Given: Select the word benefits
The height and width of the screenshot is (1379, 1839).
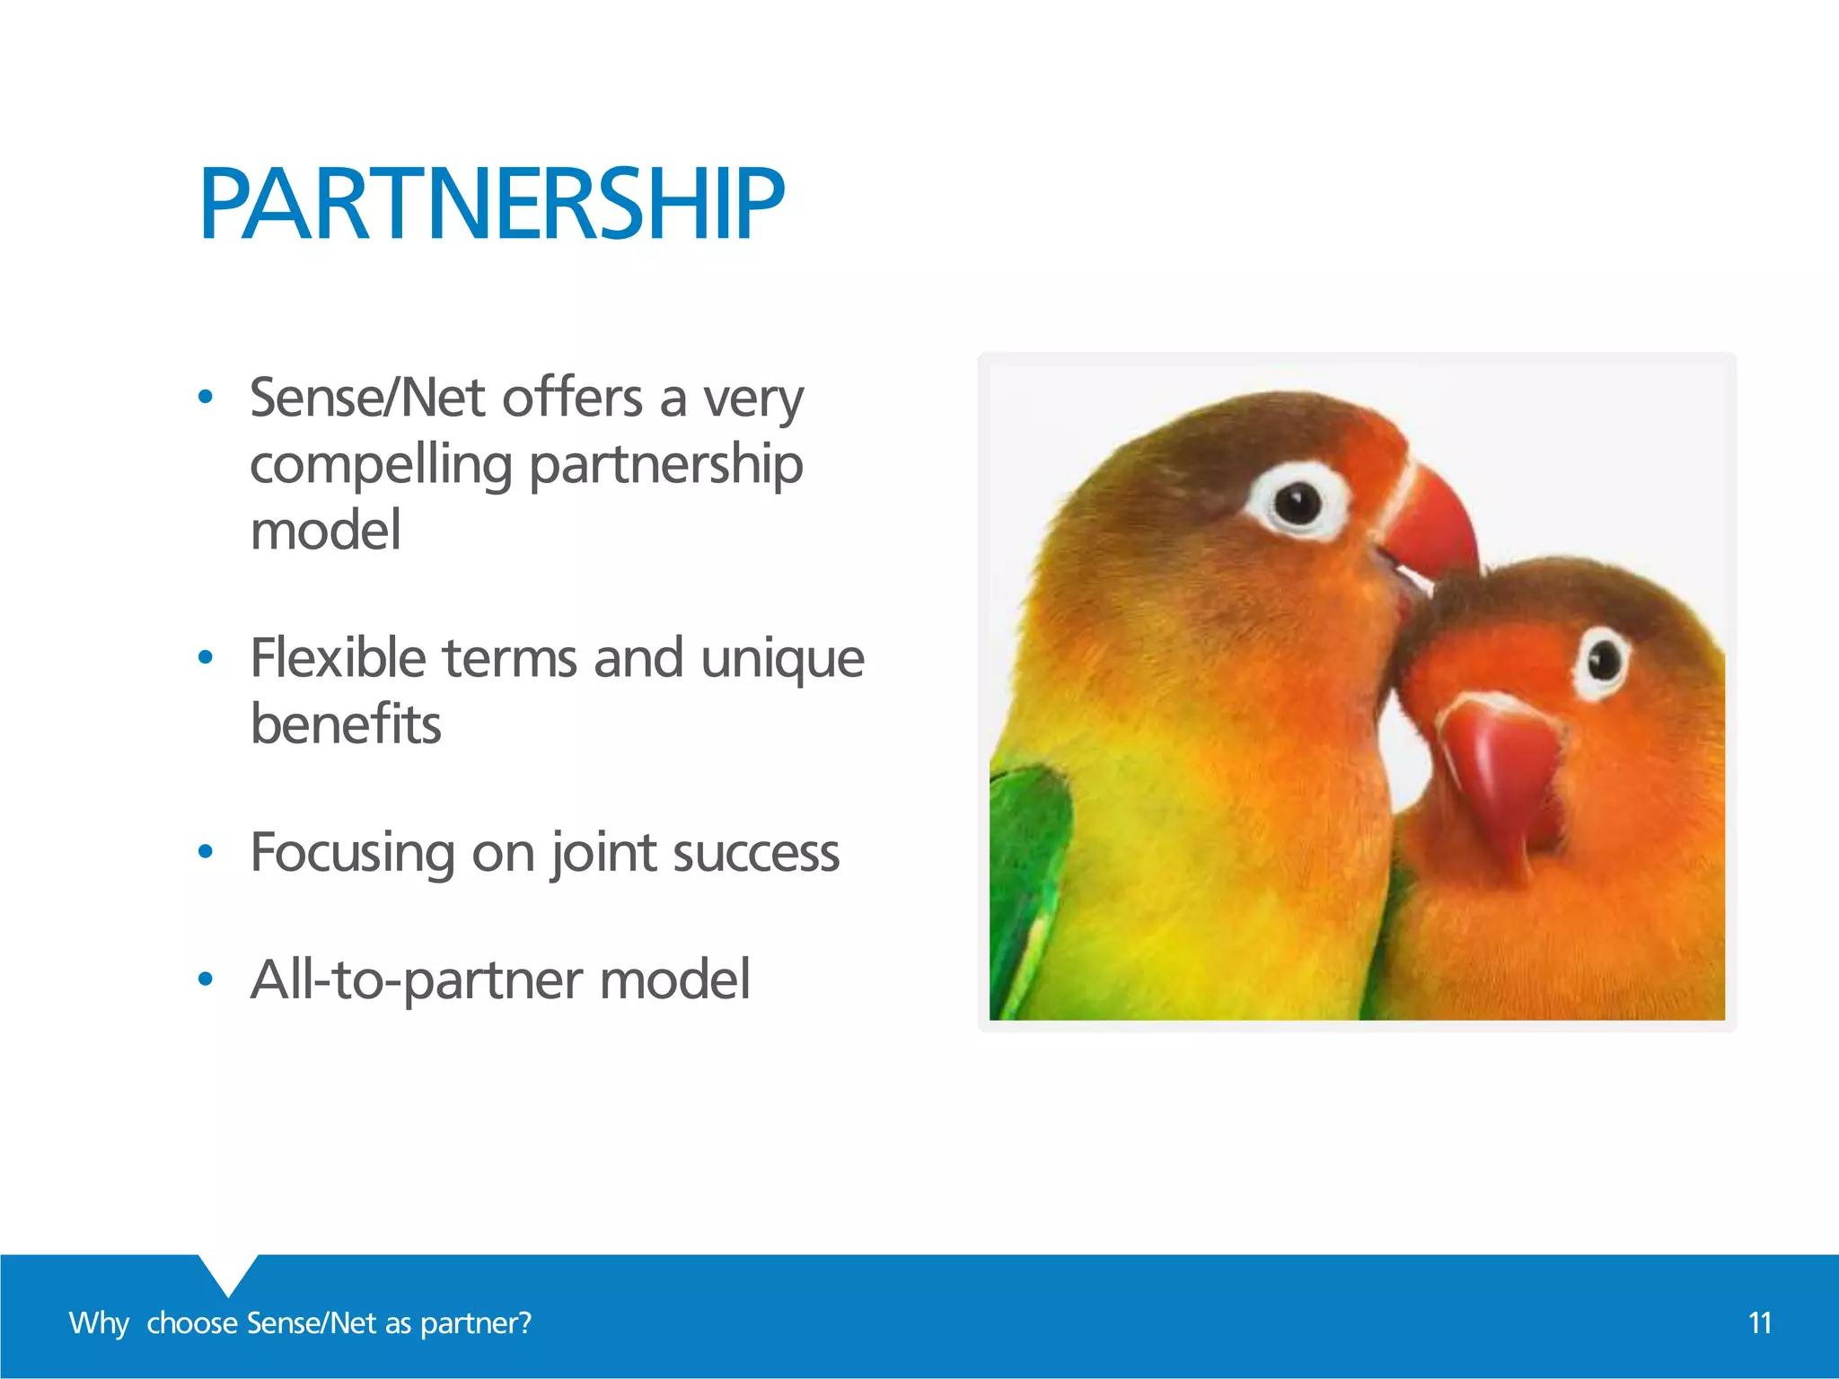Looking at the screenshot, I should point(346,724).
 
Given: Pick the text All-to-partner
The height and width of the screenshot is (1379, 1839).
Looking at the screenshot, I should point(416,979).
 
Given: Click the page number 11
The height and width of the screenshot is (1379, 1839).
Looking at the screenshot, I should point(1760,1322).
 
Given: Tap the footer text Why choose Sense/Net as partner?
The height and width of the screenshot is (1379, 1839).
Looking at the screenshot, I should point(300,1322).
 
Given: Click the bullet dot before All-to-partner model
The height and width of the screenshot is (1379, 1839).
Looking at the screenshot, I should point(206,979).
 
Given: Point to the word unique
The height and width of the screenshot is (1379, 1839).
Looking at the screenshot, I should point(782,658).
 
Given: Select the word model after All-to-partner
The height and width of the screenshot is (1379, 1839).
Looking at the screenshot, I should point(674,979).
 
